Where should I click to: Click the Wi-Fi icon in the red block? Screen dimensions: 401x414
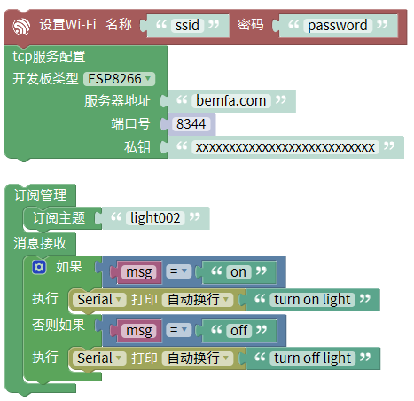tap(20, 25)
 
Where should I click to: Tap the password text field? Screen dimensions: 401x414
tap(337, 25)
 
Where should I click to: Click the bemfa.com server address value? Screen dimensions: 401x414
tap(230, 100)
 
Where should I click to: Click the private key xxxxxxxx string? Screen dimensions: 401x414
tap(285, 146)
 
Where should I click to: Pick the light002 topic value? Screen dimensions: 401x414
tap(154, 216)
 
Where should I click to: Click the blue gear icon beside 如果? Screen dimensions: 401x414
tap(39, 266)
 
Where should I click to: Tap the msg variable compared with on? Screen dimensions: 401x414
tap(138, 271)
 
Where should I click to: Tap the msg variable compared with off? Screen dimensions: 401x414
tap(138, 330)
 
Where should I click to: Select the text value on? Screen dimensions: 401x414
tap(238, 271)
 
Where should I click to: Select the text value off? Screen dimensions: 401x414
tap(238, 330)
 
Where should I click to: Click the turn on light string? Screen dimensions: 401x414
tap(312, 299)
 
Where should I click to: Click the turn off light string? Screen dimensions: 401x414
tap(313, 358)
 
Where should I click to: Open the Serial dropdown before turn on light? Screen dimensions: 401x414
tap(100, 299)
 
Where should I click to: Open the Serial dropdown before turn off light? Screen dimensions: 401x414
tap(100, 358)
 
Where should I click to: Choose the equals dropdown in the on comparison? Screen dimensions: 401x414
tap(179, 271)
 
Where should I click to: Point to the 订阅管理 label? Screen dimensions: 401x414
tap(40, 194)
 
